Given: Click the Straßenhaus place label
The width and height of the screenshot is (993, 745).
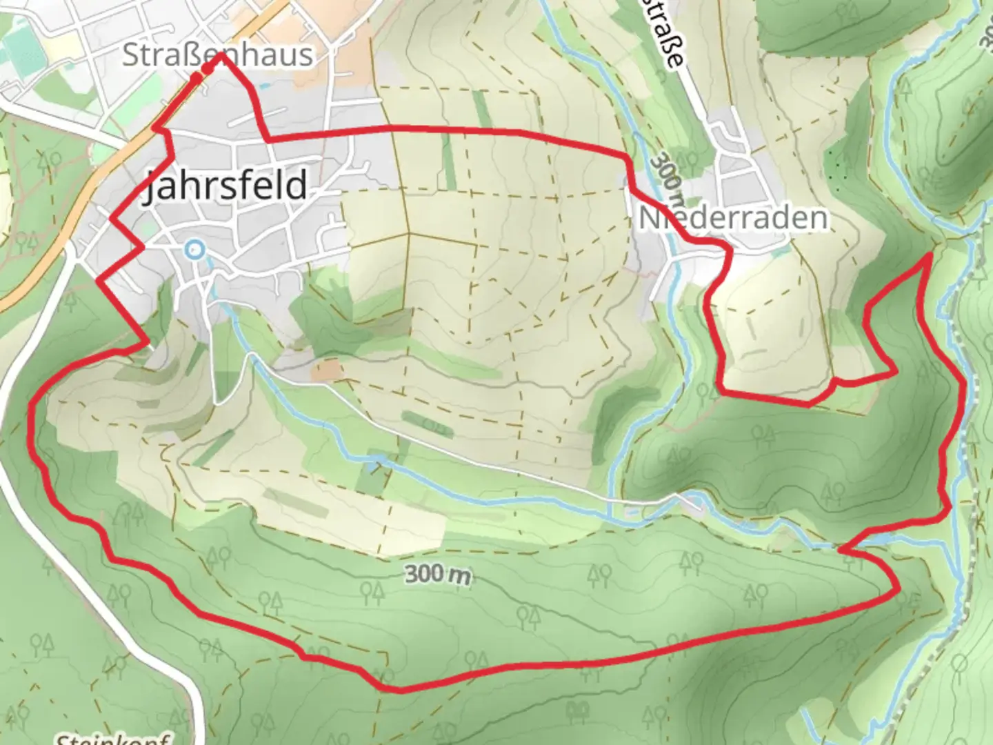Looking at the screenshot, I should [x=217, y=55].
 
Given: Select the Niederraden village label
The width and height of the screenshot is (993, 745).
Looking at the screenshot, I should [x=732, y=218].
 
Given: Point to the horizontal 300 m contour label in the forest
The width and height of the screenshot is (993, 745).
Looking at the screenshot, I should [x=438, y=574].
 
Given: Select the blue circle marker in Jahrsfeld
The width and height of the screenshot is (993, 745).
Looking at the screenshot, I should [x=195, y=249].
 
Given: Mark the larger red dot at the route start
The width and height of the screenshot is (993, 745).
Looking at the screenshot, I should [x=208, y=69].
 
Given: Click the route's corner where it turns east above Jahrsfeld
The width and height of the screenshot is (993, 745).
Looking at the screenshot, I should [x=268, y=140].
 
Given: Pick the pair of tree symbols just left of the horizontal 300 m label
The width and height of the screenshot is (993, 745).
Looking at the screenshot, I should [x=373, y=590].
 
